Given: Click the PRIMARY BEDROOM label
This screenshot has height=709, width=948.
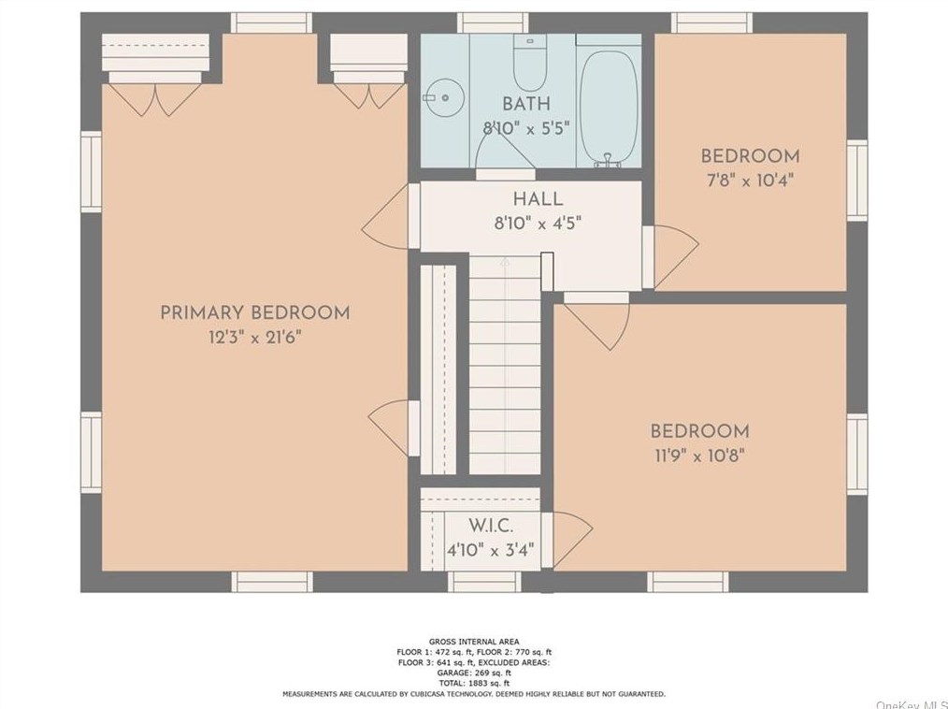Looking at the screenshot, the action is point(254,312).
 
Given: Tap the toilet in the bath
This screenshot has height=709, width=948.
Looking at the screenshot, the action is point(530,63).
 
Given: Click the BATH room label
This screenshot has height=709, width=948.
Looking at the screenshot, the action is point(526,104).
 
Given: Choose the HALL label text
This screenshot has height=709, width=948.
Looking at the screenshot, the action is point(539,199).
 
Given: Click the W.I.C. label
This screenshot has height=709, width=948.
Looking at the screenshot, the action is point(491,525).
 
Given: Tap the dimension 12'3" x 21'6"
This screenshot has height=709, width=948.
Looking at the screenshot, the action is point(254,337).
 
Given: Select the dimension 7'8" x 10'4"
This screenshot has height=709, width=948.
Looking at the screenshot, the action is point(751,181).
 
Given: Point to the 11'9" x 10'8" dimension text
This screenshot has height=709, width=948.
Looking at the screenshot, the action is point(699,455).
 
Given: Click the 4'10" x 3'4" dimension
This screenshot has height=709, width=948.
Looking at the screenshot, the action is point(491,551).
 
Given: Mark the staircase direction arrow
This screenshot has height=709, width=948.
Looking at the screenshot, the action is point(505,264).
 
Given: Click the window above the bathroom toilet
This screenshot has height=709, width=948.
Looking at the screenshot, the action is point(492,23).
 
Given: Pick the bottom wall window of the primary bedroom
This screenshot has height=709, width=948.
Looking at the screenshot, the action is point(272,582).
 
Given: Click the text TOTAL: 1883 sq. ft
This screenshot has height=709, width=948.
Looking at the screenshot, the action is point(474,683).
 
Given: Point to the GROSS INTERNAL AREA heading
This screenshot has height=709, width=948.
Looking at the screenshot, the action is point(474,642).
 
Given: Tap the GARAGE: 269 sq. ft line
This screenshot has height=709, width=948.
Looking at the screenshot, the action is point(474,673).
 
